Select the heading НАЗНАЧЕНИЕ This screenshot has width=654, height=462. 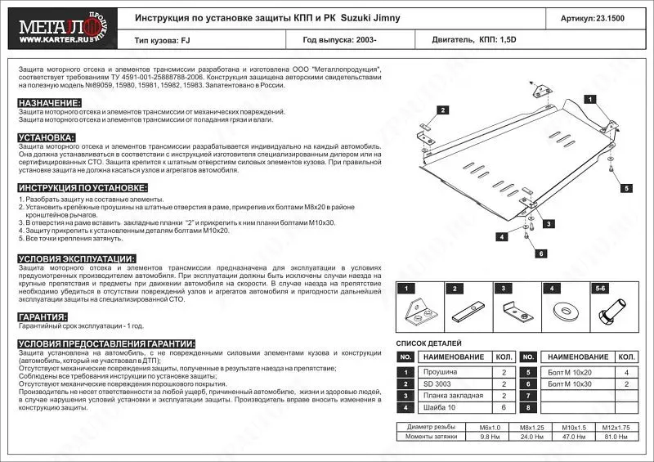tap(49, 103)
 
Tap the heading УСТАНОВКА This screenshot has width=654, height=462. tap(46, 137)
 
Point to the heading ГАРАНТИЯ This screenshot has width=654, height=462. tap(43, 316)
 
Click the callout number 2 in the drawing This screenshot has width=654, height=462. tap(441, 110)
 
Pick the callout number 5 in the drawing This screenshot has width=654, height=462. tap(626, 188)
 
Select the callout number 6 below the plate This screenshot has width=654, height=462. tap(540, 254)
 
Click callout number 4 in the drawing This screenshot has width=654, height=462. tap(499, 237)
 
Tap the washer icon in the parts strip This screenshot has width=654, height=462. tap(564, 312)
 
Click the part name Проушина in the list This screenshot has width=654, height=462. tap(437, 372)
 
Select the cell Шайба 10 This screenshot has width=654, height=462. tap(438, 406)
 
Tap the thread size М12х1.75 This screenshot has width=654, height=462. tap(615, 427)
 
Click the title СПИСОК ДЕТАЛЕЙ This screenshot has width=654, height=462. tap(429, 343)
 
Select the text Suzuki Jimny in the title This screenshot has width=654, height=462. tap(371, 17)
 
